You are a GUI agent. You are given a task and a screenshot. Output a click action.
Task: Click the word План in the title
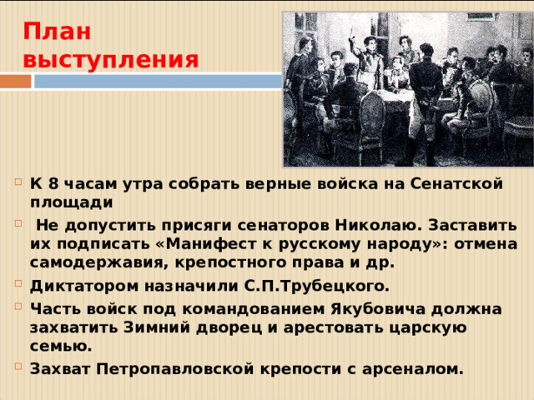tap(57, 32)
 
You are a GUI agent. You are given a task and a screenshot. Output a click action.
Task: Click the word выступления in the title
tap(111, 60)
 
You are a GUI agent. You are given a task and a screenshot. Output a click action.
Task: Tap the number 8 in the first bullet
tap(52, 182)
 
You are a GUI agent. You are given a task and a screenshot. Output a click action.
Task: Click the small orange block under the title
tap(15, 82)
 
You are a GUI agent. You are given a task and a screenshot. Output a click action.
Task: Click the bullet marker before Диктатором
tap(18, 286)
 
